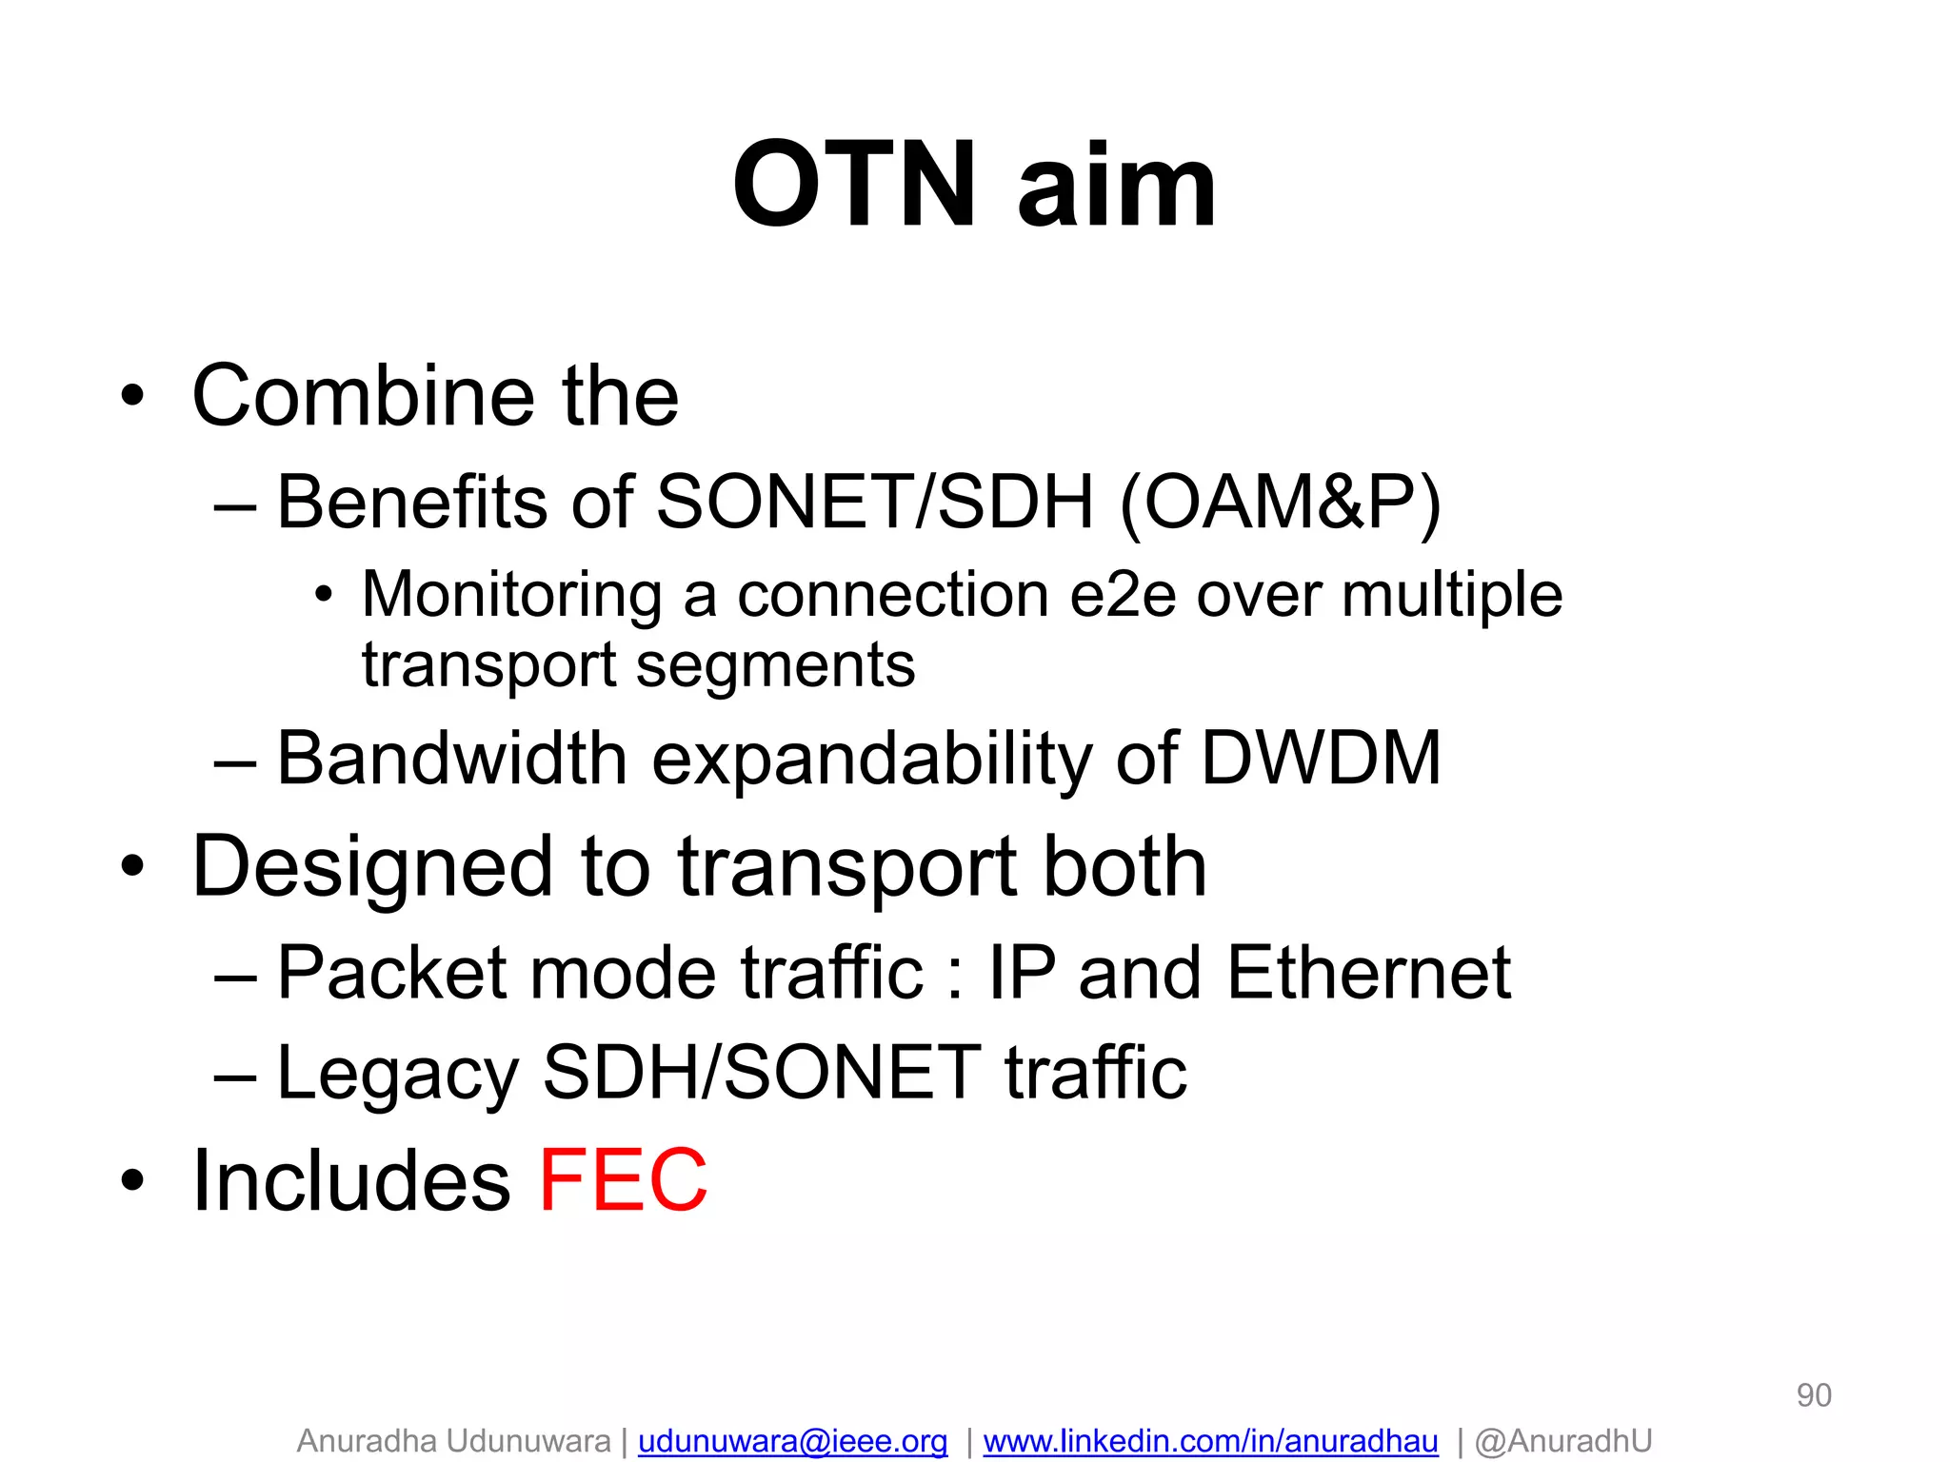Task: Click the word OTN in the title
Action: (x=854, y=186)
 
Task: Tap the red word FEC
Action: (x=624, y=1180)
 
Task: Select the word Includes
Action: (x=351, y=1180)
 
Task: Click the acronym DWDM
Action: (x=1321, y=759)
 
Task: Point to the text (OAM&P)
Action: (x=1280, y=503)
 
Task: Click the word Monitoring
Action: (x=511, y=595)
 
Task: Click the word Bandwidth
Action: (x=451, y=759)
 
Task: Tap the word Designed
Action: (x=372, y=868)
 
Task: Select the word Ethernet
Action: (x=1368, y=973)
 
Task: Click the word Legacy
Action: (x=397, y=1074)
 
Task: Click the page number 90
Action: (x=1813, y=1395)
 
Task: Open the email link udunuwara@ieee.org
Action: (x=792, y=1441)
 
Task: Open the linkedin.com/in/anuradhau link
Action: (x=1210, y=1441)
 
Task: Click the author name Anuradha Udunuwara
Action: (x=453, y=1441)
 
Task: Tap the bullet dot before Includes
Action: (x=132, y=1181)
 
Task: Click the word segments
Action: (x=775, y=665)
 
